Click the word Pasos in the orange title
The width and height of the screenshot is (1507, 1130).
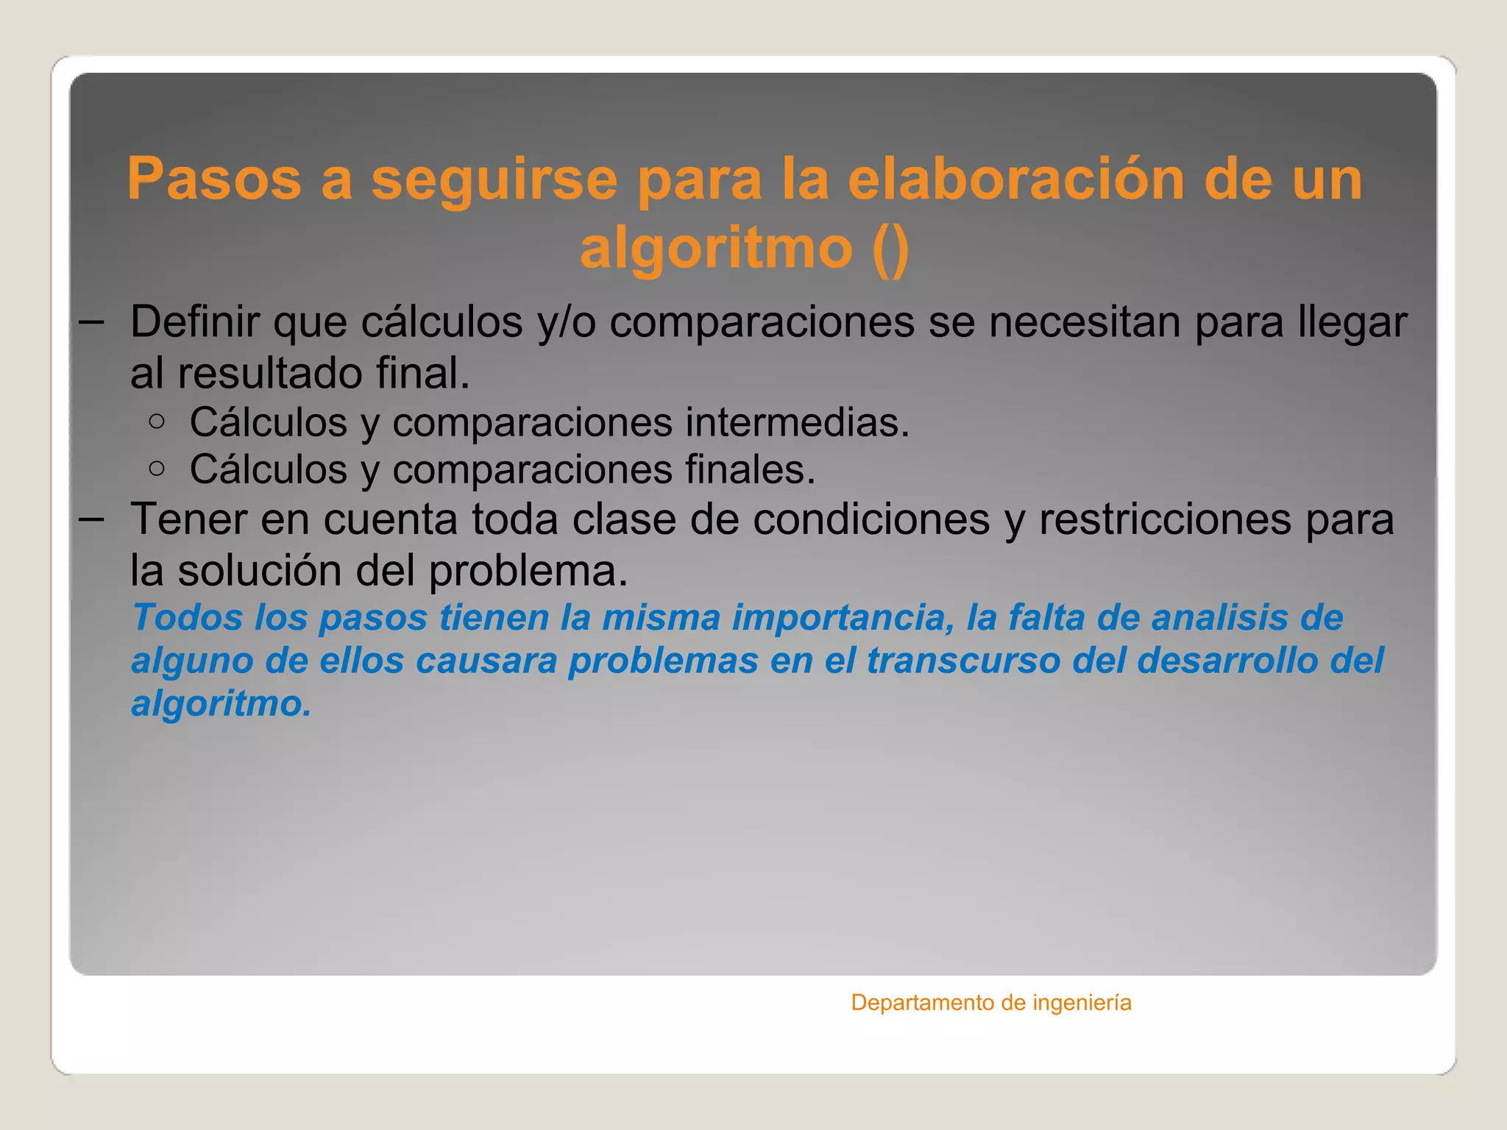(x=214, y=179)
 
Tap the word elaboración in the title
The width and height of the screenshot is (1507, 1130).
(x=1016, y=179)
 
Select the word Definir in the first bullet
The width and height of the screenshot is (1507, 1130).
(x=194, y=321)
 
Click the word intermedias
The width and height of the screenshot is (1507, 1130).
(x=798, y=423)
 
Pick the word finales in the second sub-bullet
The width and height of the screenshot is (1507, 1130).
(x=751, y=469)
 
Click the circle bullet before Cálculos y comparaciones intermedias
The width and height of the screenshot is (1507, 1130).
(x=156, y=422)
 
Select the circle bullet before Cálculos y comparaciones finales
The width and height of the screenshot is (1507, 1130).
(x=156, y=469)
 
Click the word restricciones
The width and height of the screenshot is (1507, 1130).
(x=1165, y=519)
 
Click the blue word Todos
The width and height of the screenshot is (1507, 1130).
(x=188, y=617)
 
